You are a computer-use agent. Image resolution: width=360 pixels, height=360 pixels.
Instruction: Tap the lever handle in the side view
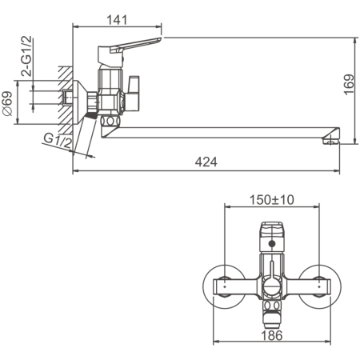[141, 47]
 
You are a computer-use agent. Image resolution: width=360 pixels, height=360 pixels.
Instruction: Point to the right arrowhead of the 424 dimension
[335, 169]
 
